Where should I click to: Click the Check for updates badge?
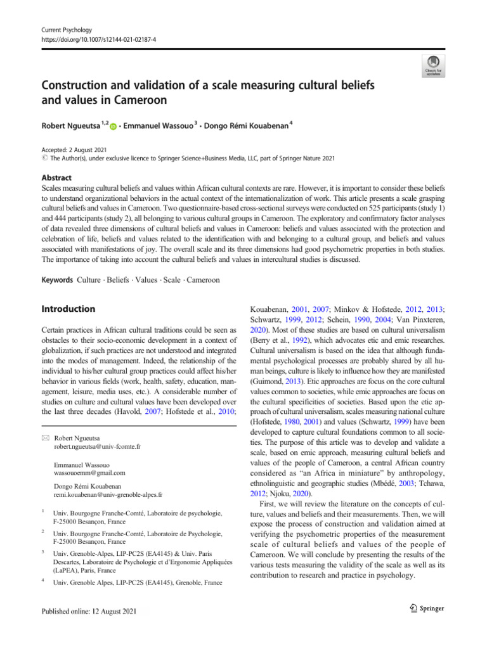pos(434,65)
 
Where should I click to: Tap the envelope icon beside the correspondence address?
pos(46,437)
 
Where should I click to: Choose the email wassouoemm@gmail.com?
pos(91,473)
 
